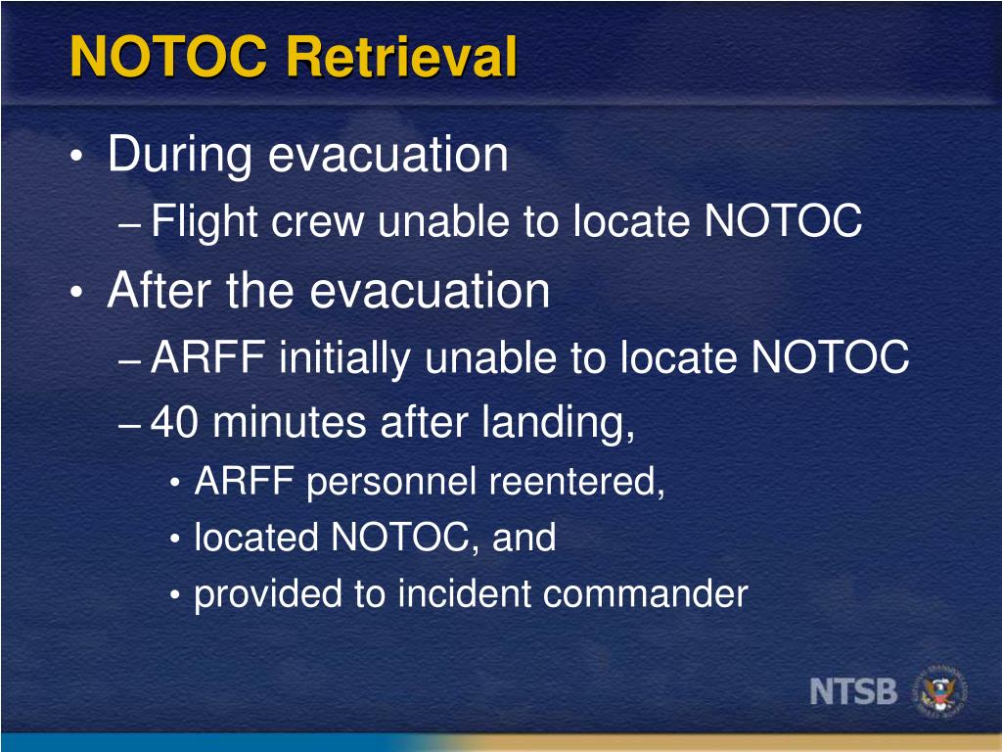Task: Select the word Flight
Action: pyautogui.click(x=205, y=223)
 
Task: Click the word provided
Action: pyautogui.click(x=262, y=594)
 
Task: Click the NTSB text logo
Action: pyautogui.click(x=853, y=691)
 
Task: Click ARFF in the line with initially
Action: pyautogui.click(x=206, y=359)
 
